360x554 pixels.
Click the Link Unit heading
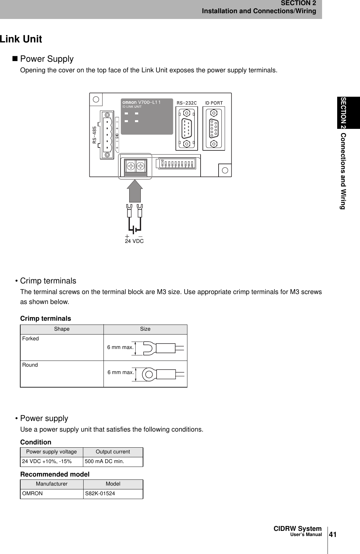(x=21, y=39)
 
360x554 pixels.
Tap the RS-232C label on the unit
(x=187, y=103)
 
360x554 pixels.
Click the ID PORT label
(x=214, y=103)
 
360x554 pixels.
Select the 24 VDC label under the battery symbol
(x=134, y=241)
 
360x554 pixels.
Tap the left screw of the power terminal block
(x=130, y=166)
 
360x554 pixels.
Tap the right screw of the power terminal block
(x=141, y=166)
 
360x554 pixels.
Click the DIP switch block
(x=177, y=163)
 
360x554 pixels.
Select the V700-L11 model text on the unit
(x=149, y=102)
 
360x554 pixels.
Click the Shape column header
(x=62, y=329)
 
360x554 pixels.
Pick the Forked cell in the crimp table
(x=31, y=339)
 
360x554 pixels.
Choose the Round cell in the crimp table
(x=30, y=365)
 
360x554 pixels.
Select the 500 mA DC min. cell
(x=104, y=461)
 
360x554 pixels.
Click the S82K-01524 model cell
(x=100, y=494)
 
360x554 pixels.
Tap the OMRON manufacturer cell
(x=32, y=494)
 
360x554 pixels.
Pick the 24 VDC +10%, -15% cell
(x=47, y=461)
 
